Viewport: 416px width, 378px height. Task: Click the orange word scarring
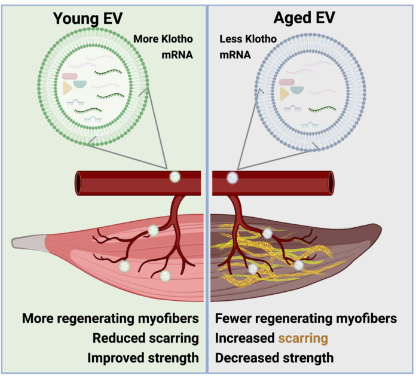pyautogui.click(x=302, y=338)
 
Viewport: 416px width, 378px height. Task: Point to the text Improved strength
pyautogui.click(x=143, y=358)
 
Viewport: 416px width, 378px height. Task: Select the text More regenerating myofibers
pyautogui.click(x=111, y=318)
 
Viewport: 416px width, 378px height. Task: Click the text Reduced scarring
pyautogui.click(x=145, y=338)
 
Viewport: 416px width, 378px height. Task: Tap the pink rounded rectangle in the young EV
pyautogui.click(x=69, y=77)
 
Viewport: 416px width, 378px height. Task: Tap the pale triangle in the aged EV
pyautogui.click(x=284, y=93)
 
